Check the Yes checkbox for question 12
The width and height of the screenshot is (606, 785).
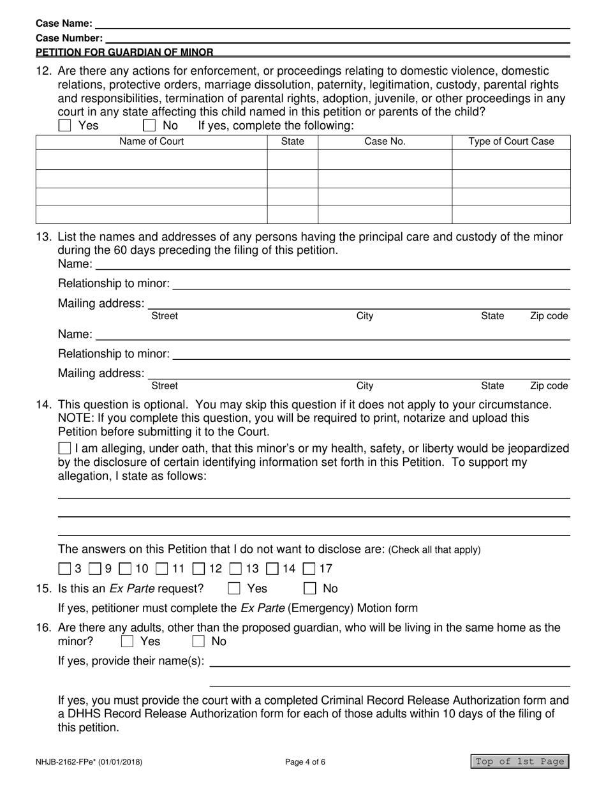tap(64, 126)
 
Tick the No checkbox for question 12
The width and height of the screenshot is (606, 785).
tap(149, 126)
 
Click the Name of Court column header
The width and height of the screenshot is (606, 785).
tap(151, 142)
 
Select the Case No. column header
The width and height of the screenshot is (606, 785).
tap(385, 142)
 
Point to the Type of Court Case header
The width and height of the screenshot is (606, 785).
tap(511, 142)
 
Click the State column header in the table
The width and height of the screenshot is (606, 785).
tap(292, 142)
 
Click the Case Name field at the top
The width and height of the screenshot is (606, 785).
tap(332, 24)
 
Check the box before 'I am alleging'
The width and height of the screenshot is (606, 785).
tap(65, 449)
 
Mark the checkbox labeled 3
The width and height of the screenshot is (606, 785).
tap(65, 568)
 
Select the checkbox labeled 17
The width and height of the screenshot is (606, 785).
tap(309, 568)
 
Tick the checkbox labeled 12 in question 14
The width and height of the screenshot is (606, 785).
tap(199, 568)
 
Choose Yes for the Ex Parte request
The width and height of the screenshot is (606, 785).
tap(235, 588)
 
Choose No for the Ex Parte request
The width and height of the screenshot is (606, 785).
tap(310, 588)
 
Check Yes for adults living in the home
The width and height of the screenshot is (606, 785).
tap(128, 641)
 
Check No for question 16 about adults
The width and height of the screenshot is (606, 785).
tap(199, 641)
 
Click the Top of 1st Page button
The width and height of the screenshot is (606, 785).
tap(519, 761)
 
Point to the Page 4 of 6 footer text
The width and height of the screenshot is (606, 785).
tap(309, 761)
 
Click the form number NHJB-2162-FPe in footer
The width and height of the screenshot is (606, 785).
tap(89, 761)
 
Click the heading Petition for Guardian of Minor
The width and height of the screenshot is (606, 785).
tap(124, 52)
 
